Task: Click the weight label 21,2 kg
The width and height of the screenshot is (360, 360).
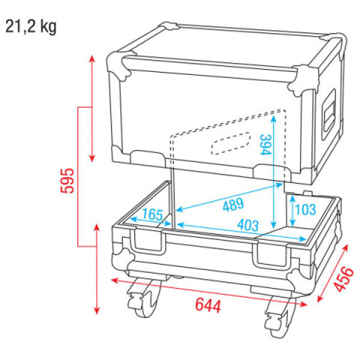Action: coord(31,27)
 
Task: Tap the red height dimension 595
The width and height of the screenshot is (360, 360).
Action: coord(67,181)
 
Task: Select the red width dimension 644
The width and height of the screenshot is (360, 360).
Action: coord(208,305)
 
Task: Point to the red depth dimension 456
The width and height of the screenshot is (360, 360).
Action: coord(344,280)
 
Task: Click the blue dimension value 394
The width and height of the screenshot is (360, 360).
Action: coord(265,145)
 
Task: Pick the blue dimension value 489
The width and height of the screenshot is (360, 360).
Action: coord(233,205)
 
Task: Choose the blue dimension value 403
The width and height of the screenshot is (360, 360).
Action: coord(247,225)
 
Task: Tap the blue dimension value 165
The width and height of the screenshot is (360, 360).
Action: coord(152,214)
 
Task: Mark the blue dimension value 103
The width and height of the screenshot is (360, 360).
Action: coord(305,209)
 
